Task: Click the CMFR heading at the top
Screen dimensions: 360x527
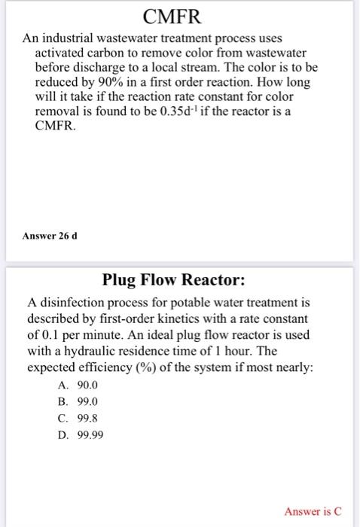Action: tap(179, 17)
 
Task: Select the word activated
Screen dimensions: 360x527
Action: tap(63, 53)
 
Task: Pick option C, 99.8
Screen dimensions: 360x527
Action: tap(80, 419)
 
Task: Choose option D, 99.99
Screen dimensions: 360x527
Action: tap(82, 437)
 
